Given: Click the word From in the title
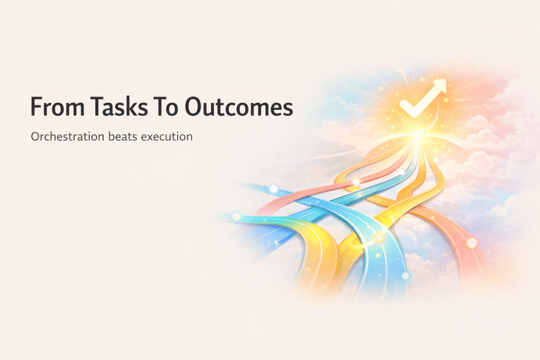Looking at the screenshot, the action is point(57,107).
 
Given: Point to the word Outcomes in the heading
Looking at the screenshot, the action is point(239,107).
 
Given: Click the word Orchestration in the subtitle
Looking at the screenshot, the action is point(67,136).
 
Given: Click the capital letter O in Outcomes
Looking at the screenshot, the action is point(193,107).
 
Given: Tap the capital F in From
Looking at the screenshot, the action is point(36,107).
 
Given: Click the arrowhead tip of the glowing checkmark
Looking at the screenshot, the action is point(446,80).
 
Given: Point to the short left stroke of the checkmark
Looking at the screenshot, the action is point(406,107).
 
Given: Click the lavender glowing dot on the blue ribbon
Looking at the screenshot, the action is point(273,188).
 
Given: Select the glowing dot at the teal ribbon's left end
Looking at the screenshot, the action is point(237,216).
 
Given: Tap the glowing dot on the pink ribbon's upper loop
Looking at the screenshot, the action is point(356,182).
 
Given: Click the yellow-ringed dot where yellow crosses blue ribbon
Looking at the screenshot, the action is point(379,237).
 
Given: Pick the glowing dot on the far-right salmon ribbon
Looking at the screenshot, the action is point(472,243).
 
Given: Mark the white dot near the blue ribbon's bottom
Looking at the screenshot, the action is point(406,276).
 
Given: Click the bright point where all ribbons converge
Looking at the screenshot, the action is point(418,136).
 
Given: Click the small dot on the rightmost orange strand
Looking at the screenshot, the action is point(435,160).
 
